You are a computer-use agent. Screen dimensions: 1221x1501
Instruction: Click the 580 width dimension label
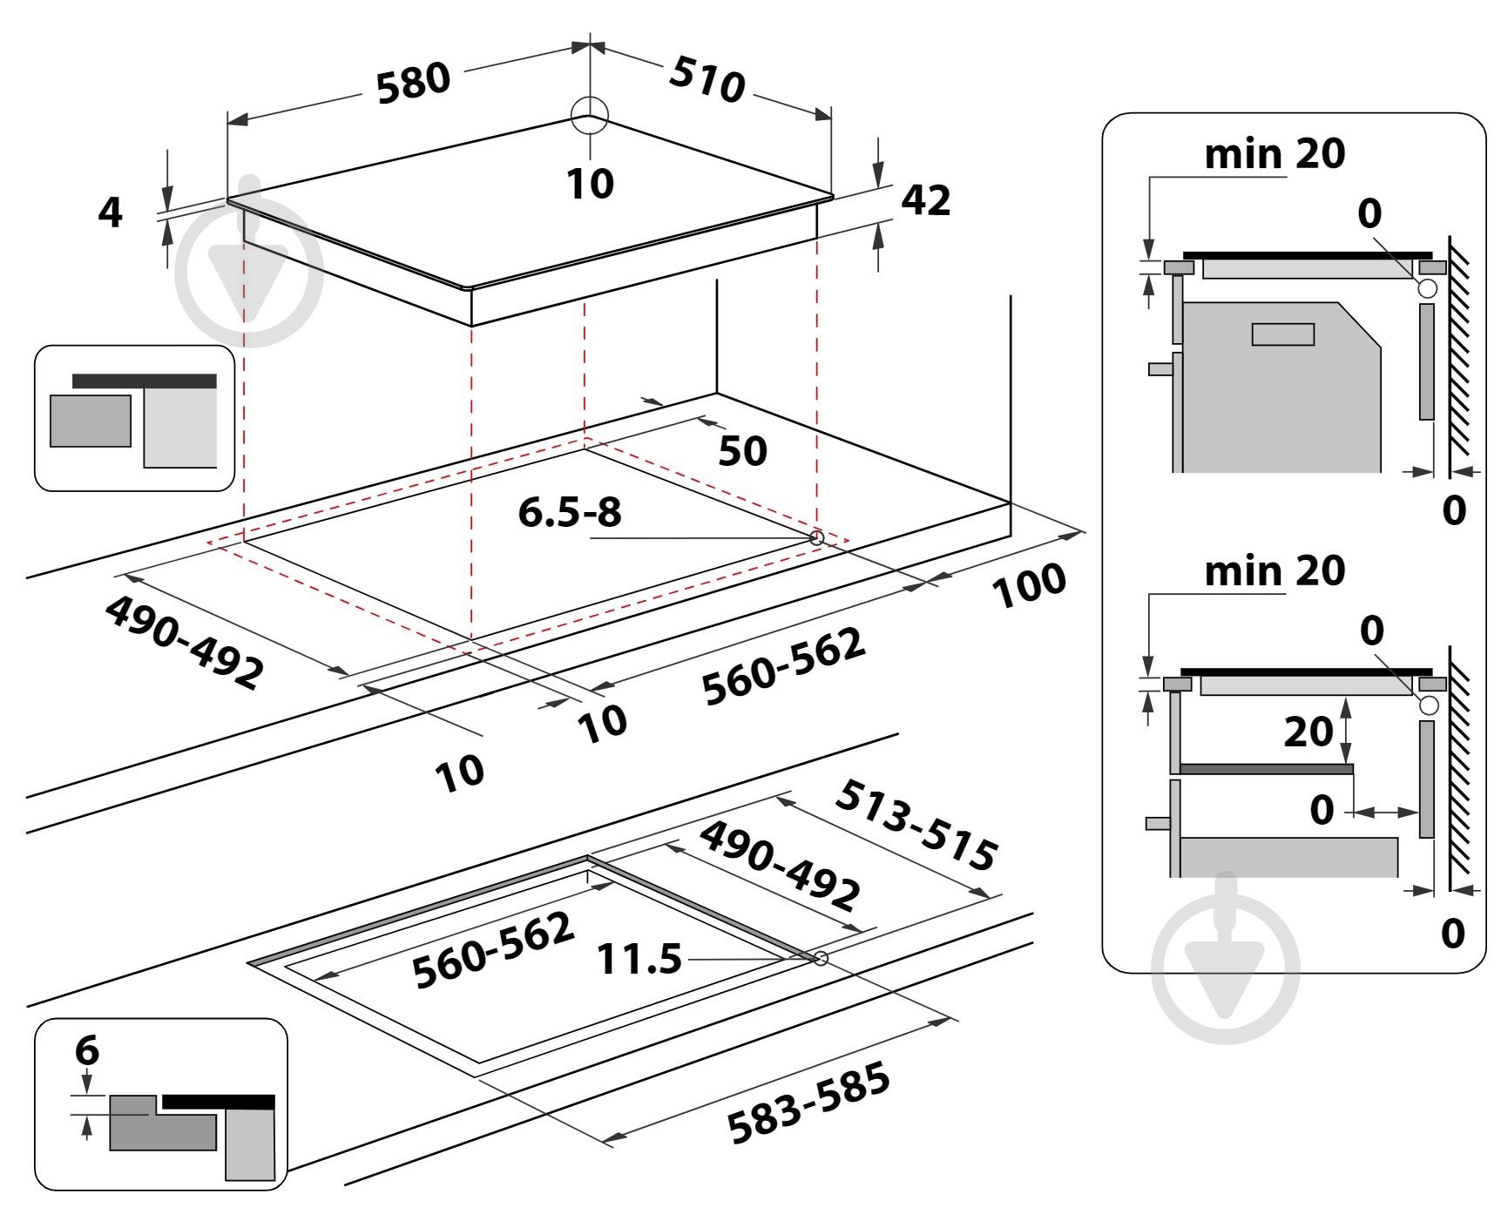[413, 84]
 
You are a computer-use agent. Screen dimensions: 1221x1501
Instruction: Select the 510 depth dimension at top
[707, 79]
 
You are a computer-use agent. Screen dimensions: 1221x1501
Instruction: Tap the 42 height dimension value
[925, 200]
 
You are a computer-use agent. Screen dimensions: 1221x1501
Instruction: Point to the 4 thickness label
[111, 212]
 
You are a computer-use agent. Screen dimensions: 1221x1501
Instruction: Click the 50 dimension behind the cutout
[742, 451]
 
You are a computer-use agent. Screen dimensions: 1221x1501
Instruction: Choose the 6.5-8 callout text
[570, 512]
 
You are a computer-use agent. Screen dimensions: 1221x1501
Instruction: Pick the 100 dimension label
[1029, 584]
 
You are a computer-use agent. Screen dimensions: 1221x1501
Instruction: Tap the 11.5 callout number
[639, 959]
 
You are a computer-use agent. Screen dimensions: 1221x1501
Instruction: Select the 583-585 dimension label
[808, 1103]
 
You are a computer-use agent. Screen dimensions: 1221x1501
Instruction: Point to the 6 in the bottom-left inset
[87, 1051]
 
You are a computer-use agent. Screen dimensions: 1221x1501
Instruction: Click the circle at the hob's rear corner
[590, 116]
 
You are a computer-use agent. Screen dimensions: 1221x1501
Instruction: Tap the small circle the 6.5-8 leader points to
[816, 538]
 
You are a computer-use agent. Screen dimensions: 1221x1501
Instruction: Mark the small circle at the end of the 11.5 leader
[820, 959]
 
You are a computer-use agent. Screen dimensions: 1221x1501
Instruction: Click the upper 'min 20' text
[1274, 154]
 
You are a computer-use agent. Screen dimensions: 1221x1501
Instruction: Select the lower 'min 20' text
[1274, 572]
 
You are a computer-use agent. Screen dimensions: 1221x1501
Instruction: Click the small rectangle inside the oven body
[1282, 334]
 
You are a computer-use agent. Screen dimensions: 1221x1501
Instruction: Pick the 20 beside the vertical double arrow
[1308, 732]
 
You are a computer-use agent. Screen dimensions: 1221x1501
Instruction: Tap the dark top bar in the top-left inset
[145, 381]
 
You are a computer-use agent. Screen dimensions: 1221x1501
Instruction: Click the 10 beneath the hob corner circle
[590, 184]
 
